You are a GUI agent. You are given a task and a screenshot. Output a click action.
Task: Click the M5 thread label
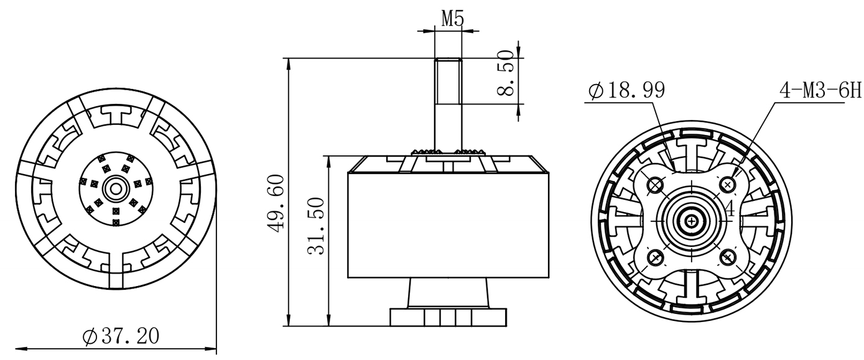click(452, 18)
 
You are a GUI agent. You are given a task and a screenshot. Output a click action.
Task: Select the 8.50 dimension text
click(506, 73)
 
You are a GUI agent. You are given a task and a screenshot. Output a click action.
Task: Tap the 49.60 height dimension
click(276, 204)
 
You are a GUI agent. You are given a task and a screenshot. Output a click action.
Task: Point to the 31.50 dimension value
click(316, 226)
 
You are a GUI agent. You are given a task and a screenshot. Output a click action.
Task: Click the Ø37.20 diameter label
click(121, 336)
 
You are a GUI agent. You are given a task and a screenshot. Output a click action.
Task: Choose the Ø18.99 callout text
click(627, 91)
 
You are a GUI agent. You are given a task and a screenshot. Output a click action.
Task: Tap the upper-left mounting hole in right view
click(656, 185)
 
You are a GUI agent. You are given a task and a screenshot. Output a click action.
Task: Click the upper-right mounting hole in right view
click(728, 185)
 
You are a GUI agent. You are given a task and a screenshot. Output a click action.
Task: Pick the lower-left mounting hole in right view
click(656, 257)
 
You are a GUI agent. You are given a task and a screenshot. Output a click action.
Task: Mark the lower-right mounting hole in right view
click(728, 257)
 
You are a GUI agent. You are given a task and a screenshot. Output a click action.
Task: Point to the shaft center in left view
click(115, 189)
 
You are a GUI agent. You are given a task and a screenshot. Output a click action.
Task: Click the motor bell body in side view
click(448, 225)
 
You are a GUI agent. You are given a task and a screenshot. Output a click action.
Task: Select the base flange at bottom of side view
click(448, 317)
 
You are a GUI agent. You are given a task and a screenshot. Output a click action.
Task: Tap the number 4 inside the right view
click(730, 208)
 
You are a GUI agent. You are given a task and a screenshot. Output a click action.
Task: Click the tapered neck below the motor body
click(448, 293)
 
